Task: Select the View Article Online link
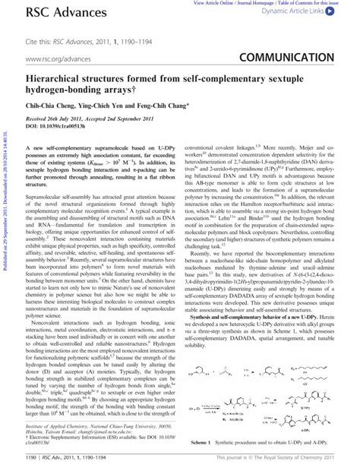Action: click(207, 3)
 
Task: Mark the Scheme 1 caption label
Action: click(203, 442)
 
